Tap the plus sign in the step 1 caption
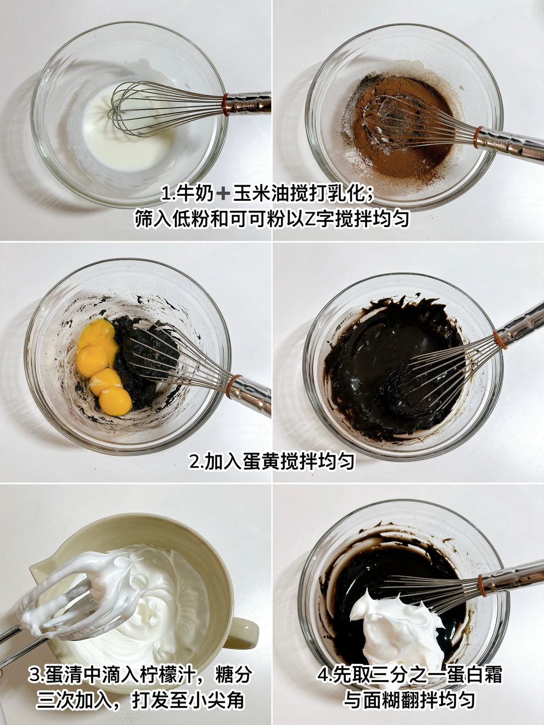coord(224,194)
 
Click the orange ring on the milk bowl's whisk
coord(226,105)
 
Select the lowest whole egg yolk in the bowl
coord(115,401)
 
